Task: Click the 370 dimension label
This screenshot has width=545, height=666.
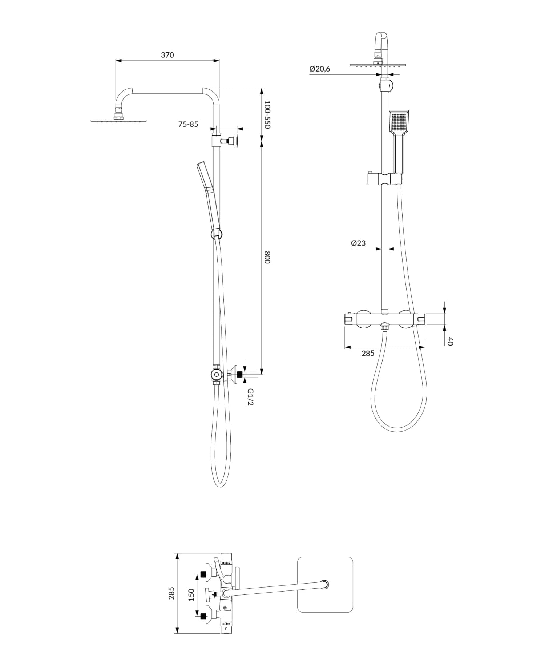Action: [x=167, y=55]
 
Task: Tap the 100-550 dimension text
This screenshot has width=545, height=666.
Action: [x=267, y=114]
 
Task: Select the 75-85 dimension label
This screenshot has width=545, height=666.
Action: [x=188, y=124]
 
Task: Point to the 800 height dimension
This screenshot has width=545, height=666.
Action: [x=267, y=257]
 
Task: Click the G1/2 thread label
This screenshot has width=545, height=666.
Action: [x=250, y=397]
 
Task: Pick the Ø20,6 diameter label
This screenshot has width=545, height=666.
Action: [x=320, y=69]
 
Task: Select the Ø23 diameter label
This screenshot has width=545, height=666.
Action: [x=358, y=243]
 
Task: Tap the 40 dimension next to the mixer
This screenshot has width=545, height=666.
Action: [x=450, y=342]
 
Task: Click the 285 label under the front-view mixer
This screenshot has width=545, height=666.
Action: [x=368, y=353]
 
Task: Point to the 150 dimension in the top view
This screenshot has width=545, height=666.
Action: [x=191, y=594]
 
